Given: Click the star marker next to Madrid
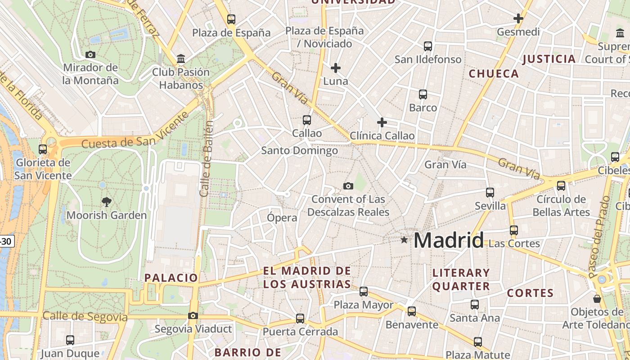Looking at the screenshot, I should click(x=404, y=240).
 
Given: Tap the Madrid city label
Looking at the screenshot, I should click(x=448, y=240).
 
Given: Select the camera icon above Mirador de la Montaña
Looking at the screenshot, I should click(x=90, y=54).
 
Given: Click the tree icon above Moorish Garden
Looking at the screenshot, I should click(x=107, y=201).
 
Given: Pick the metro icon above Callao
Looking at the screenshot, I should click(x=307, y=120).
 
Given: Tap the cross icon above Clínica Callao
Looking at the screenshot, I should click(x=382, y=122).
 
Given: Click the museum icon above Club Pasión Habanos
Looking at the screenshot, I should click(x=181, y=58).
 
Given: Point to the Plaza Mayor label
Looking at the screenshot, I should click(x=363, y=305).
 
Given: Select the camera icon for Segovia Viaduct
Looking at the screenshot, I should click(x=193, y=315).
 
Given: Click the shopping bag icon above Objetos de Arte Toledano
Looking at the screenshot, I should click(x=597, y=298).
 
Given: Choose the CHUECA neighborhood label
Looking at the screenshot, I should click(x=494, y=74).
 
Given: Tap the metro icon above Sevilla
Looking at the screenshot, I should click(x=490, y=193).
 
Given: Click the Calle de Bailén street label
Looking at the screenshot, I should click(x=206, y=158).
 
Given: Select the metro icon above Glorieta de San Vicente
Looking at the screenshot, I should click(x=43, y=149).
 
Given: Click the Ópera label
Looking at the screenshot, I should click(x=282, y=218).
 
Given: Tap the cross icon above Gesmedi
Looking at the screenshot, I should click(x=518, y=18).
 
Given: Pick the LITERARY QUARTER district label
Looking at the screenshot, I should click(x=461, y=279).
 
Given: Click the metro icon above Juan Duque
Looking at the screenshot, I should click(x=70, y=340).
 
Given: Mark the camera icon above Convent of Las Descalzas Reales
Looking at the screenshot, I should click(x=348, y=186).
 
